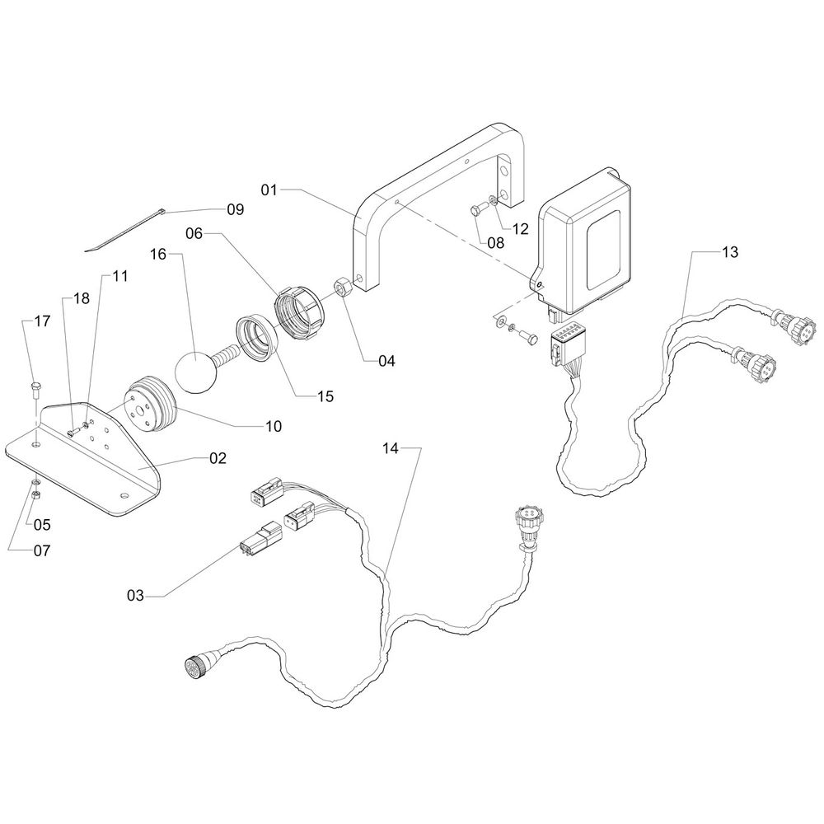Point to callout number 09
(235, 209)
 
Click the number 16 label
(157, 255)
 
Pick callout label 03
(138, 593)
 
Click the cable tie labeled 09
(124, 230)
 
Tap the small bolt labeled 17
(35, 388)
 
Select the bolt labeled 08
(477, 212)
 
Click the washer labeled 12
(492, 201)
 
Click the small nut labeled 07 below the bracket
(36, 495)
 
